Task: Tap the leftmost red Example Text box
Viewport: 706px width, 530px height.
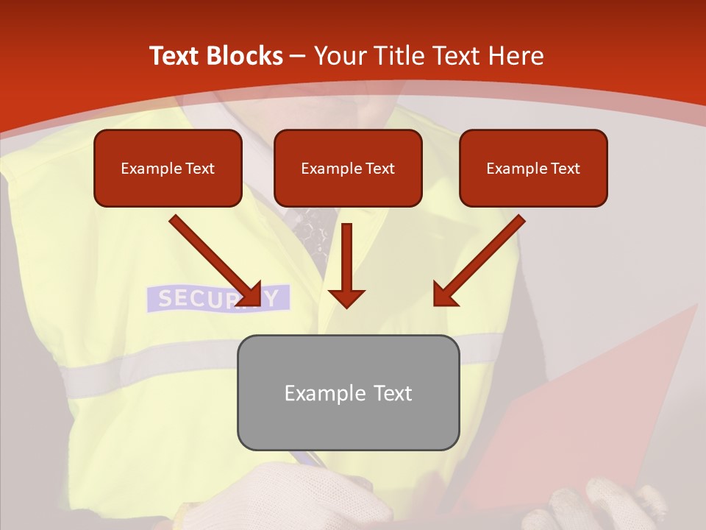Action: point(168,169)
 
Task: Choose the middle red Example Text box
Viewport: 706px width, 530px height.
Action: point(348,169)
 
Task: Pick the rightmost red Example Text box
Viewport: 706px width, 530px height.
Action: point(533,169)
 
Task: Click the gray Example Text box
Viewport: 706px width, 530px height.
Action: point(348,392)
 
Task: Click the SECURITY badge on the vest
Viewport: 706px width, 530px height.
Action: point(218,298)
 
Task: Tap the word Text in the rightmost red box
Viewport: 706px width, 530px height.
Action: point(565,169)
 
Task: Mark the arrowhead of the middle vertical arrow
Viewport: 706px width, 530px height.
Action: point(346,297)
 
